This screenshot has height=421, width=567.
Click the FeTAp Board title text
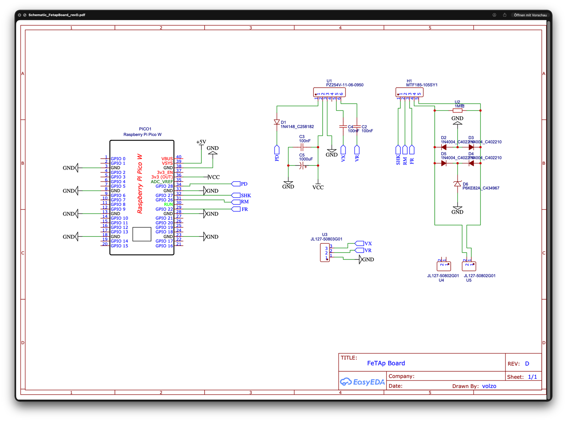(x=386, y=363)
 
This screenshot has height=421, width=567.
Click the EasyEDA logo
(x=362, y=382)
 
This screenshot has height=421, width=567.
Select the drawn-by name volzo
(x=489, y=386)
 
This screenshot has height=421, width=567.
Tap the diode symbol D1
(x=277, y=122)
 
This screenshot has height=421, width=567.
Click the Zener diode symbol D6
(x=457, y=184)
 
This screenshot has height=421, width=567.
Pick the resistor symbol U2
(x=457, y=110)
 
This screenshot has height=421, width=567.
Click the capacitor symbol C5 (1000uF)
(x=302, y=165)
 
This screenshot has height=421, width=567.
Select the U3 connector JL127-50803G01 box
(x=325, y=253)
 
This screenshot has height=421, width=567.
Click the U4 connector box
(x=444, y=266)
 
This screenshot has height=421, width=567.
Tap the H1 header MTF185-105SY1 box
(x=409, y=92)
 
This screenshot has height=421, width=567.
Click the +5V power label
(x=201, y=142)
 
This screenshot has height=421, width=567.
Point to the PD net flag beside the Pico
(x=236, y=184)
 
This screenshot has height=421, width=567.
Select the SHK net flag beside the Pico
(x=236, y=196)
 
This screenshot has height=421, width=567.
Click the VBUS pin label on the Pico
(x=167, y=159)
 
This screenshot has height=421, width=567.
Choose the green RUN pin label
(x=168, y=204)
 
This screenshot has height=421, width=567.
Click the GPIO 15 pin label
(x=119, y=246)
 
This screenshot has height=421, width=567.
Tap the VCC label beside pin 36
(x=214, y=177)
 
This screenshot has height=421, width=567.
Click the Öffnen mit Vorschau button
(x=530, y=15)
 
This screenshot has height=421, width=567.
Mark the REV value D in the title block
(x=527, y=363)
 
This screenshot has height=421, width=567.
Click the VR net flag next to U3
(x=360, y=250)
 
